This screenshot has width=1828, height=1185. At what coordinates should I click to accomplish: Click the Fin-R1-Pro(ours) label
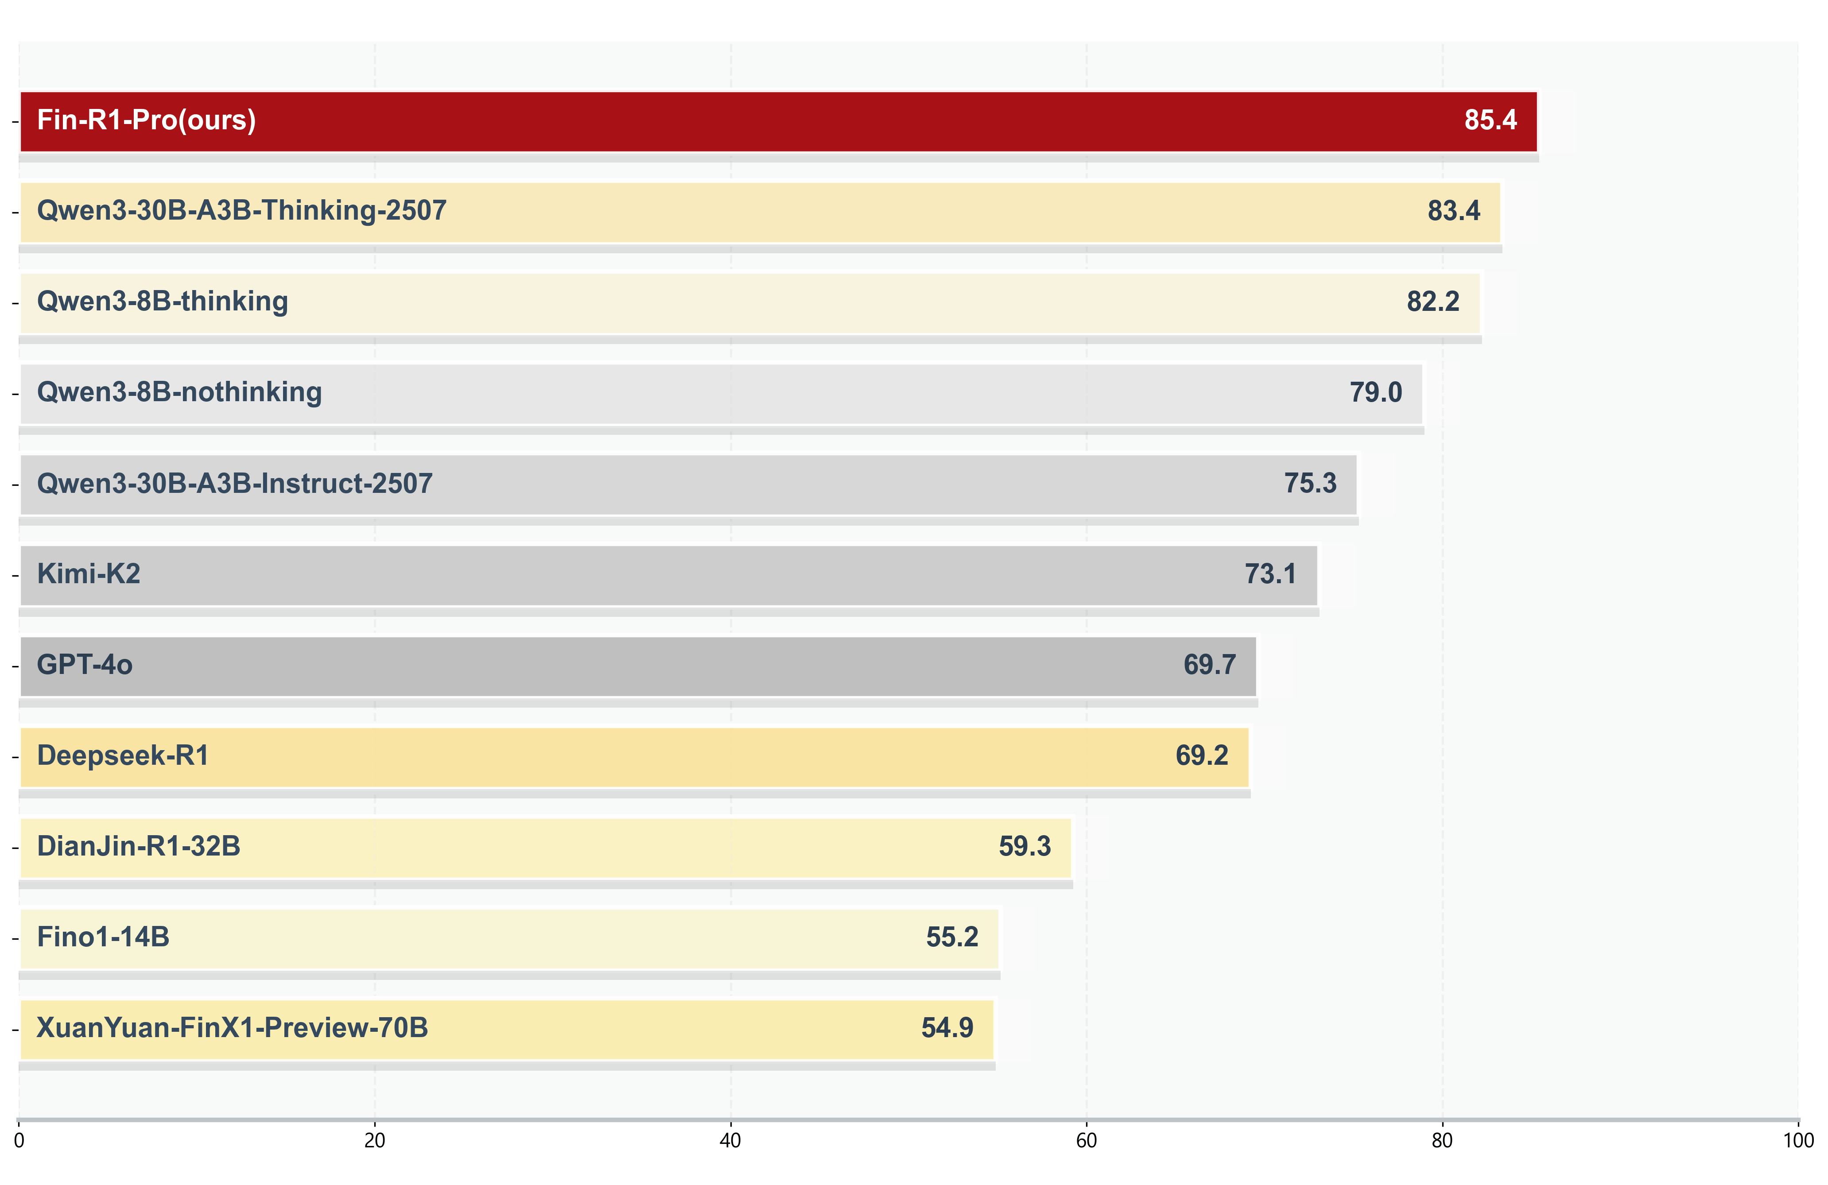point(146,120)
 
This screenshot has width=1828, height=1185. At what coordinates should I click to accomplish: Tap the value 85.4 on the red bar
point(1490,120)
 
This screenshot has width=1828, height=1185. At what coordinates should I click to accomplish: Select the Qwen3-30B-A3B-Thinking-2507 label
point(241,211)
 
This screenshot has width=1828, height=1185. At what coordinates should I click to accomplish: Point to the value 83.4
point(1453,211)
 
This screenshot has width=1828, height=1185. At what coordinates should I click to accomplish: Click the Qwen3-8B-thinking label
point(162,302)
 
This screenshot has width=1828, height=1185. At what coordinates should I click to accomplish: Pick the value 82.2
point(1432,302)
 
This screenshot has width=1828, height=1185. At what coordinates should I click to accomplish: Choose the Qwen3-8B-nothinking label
point(179,392)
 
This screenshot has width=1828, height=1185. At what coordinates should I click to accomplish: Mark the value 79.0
point(1376,392)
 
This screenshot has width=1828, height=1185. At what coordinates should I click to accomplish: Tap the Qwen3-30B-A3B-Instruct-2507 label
point(234,484)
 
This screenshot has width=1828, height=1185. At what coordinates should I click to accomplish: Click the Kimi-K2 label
point(88,574)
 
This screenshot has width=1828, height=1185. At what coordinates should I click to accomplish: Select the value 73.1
point(1270,574)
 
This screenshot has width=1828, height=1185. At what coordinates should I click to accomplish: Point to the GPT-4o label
point(85,665)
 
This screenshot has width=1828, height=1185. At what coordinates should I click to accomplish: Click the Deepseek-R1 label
point(123,756)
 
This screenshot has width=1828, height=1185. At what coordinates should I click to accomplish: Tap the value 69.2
point(1201,756)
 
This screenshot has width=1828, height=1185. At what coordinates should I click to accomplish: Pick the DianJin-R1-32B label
point(138,846)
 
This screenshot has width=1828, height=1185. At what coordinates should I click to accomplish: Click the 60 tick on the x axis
point(1086,1140)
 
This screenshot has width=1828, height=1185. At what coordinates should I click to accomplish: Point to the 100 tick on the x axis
point(1797,1140)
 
